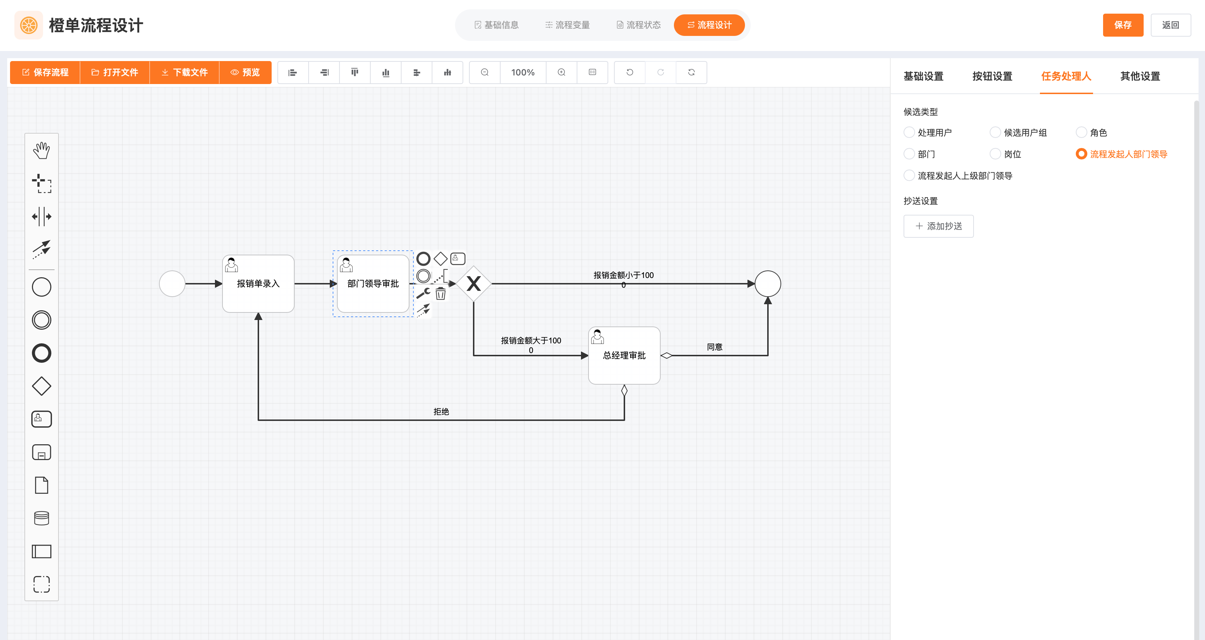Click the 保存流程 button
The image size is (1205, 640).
point(45,73)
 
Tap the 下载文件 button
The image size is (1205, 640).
point(184,73)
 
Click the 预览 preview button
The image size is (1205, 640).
point(245,73)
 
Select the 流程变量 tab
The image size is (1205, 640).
point(567,25)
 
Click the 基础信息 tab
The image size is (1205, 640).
point(496,25)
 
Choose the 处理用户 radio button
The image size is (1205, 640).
point(909,133)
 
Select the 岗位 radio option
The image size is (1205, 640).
point(995,154)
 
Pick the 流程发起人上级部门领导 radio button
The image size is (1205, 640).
point(909,176)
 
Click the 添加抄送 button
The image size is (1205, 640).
point(938,226)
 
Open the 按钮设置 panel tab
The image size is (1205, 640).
point(992,76)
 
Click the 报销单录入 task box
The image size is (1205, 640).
point(258,284)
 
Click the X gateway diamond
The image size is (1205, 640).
point(473,284)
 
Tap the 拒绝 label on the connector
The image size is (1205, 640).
point(441,412)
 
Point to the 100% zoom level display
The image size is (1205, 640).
point(522,73)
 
